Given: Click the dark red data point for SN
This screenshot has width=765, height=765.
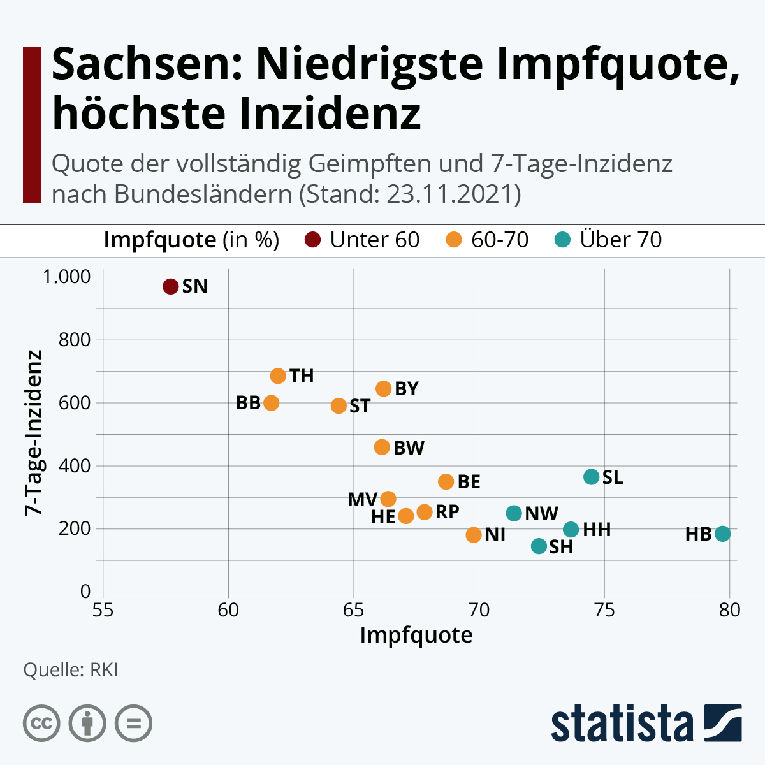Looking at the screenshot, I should point(170,286).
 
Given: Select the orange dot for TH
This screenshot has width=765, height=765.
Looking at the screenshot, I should point(278,376).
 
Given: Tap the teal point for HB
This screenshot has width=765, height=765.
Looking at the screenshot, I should point(722,534).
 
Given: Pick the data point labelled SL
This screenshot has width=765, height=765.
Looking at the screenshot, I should point(592,477).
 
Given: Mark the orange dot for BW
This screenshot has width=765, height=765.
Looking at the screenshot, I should point(382,448).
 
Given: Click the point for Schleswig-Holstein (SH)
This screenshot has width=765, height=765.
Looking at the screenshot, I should point(539,546).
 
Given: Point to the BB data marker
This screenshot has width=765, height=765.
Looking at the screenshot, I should point(272,403).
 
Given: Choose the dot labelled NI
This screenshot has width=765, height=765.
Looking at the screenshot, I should point(474,535).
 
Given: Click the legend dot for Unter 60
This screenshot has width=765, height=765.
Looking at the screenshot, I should point(312,240).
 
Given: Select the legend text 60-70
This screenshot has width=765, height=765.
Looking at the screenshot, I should point(500,240).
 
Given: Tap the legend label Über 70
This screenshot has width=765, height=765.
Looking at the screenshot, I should point(621,240).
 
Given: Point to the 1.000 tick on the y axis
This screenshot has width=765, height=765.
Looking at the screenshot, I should point(66,277).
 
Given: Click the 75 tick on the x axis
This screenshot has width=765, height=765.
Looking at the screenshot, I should point(604,611).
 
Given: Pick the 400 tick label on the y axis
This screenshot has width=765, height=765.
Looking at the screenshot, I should point(75,466).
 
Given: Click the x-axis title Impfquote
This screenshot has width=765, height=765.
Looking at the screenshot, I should point(416,635).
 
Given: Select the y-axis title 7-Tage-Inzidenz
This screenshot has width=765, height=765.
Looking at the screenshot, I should point(33,433).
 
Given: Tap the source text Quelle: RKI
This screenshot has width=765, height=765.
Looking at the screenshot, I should point(71,670).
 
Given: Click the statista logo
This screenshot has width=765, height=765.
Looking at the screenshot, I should point(646,724).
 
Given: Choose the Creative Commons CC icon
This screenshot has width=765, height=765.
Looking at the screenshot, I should point(41,724).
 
